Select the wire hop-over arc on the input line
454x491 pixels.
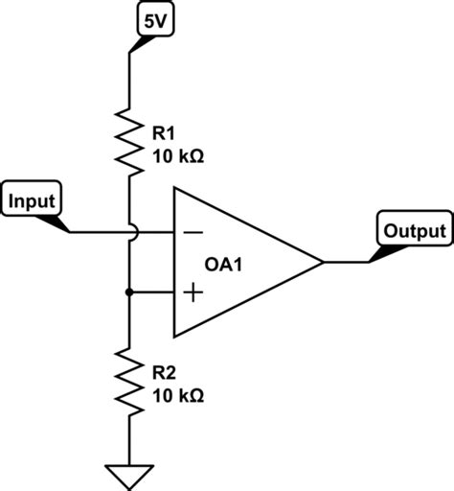tap(129, 231)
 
